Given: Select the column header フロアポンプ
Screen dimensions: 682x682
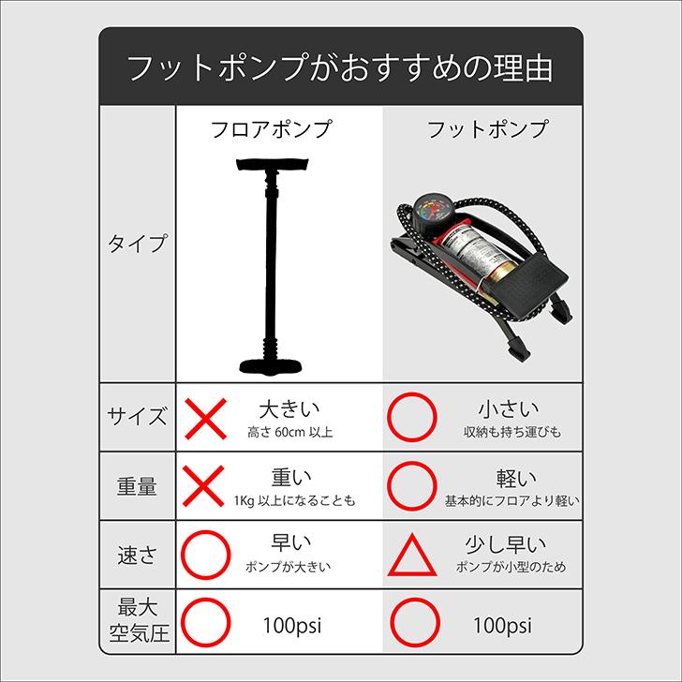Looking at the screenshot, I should point(270,129).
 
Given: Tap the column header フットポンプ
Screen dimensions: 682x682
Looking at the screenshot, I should point(486,129).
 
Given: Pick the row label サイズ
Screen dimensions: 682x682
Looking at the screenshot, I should point(138,416).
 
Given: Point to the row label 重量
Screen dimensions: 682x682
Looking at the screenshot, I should point(138,485).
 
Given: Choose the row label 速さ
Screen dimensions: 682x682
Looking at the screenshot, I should point(138,555).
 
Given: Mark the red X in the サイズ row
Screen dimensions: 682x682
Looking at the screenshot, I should point(205,417).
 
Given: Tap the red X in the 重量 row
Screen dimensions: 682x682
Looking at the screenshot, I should point(205,486).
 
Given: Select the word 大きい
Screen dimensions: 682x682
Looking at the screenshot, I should point(289,409).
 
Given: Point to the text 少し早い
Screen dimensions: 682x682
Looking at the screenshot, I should point(506,545).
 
